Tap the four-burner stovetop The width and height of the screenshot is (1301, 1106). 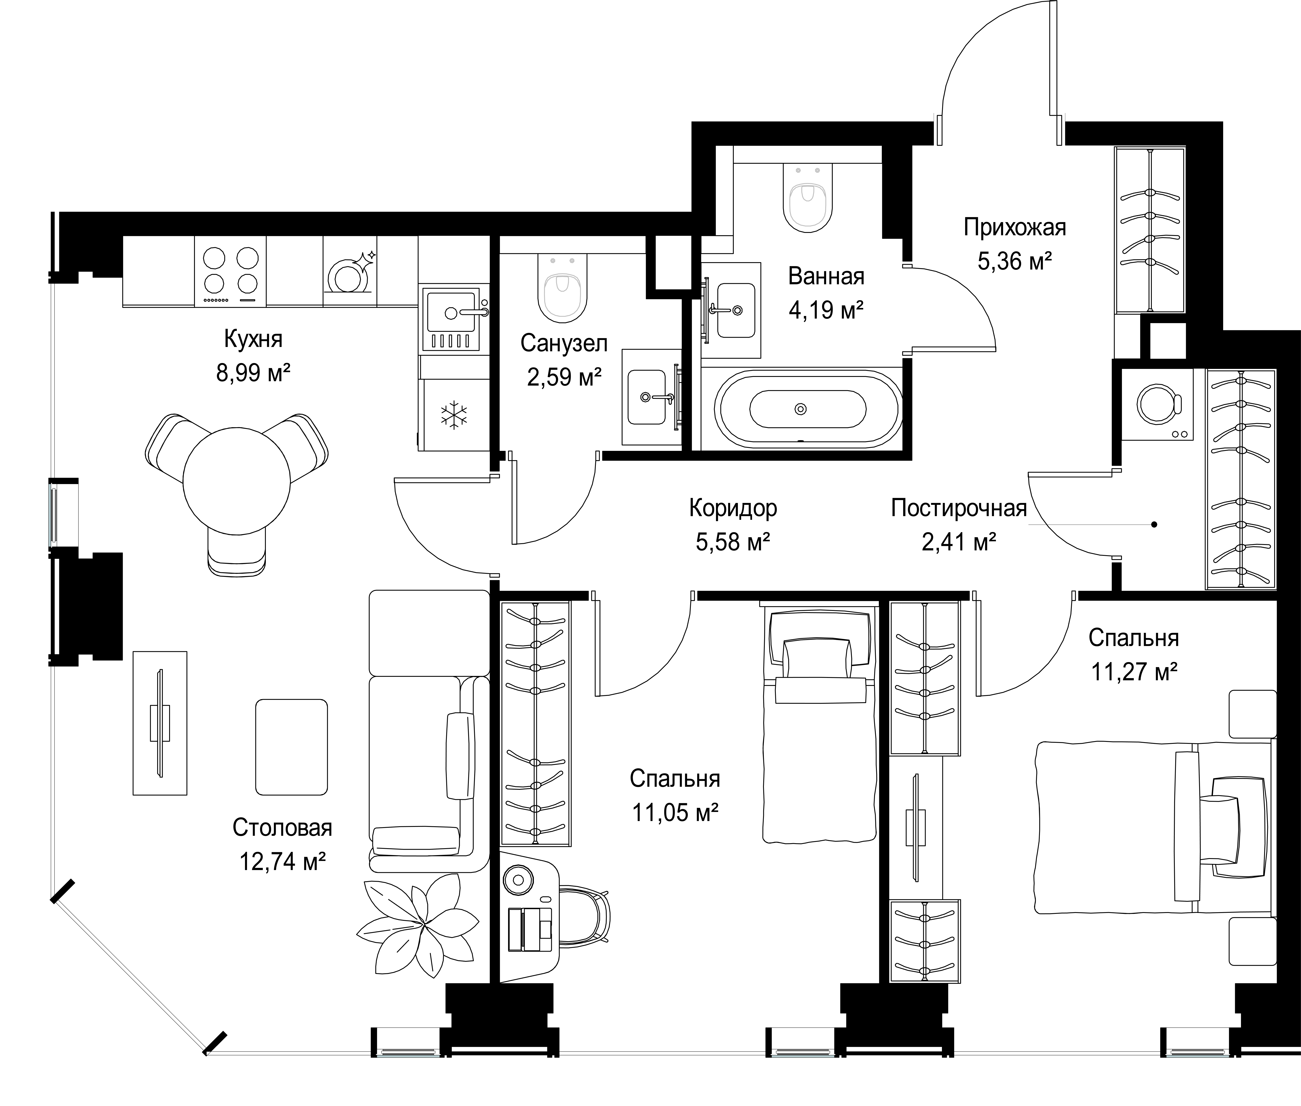coord(231,271)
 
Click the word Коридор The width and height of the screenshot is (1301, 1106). coord(733,508)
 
